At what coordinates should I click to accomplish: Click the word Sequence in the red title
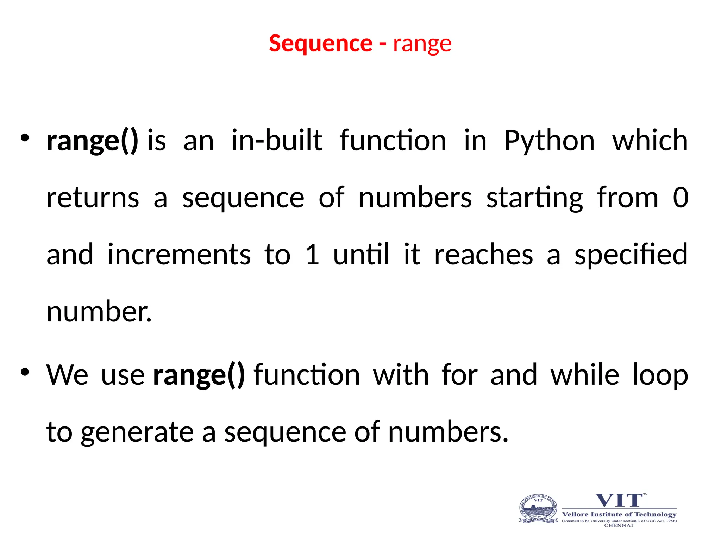click(x=320, y=44)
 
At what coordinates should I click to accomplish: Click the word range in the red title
click(x=422, y=44)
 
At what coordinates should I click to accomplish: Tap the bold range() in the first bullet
click(x=92, y=141)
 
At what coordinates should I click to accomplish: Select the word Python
click(x=550, y=141)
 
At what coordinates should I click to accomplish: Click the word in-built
click(x=277, y=140)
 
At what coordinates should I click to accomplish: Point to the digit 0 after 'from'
click(x=681, y=198)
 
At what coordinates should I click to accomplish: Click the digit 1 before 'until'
click(x=312, y=255)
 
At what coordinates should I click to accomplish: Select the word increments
click(x=179, y=255)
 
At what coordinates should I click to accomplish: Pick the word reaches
click(x=484, y=255)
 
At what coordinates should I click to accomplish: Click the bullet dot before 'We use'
click(x=24, y=372)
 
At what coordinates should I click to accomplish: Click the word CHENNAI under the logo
click(x=619, y=525)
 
